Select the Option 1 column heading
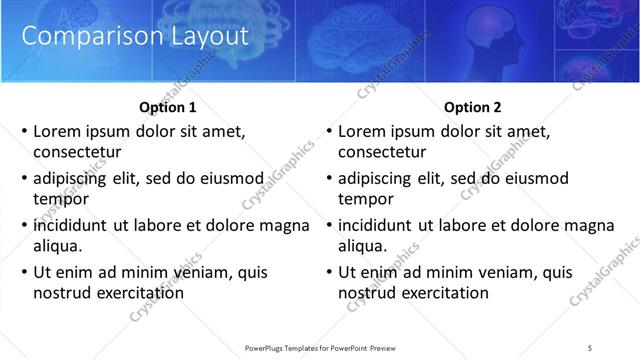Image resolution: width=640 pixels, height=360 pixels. coord(166,107)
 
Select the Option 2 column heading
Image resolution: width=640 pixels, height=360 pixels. coord(472,107)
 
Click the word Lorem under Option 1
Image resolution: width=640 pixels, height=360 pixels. coord(57,131)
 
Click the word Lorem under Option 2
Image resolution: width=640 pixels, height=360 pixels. coord(362,131)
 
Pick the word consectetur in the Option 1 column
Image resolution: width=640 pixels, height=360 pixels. coord(77,152)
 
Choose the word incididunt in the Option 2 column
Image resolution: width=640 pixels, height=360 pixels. coord(381,225)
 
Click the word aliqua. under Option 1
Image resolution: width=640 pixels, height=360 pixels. coord(58,246)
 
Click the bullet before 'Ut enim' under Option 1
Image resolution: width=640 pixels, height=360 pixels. coord(24,272)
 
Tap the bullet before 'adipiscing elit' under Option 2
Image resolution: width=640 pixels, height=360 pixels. coord(329,179)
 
